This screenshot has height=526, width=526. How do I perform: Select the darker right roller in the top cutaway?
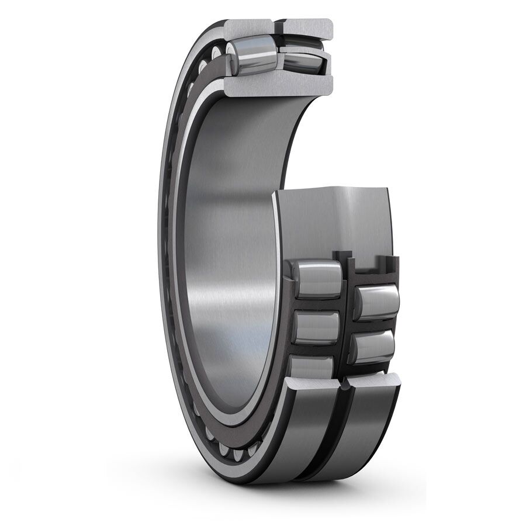click(x=301, y=60)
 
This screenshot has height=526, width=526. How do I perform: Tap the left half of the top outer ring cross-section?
click(x=248, y=27)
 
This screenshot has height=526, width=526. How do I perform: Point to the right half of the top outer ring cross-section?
click(x=308, y=28)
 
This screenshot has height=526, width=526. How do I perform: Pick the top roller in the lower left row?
click(x=316, y=279)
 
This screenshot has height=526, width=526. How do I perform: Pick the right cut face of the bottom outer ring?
click(x=374, y=382)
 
